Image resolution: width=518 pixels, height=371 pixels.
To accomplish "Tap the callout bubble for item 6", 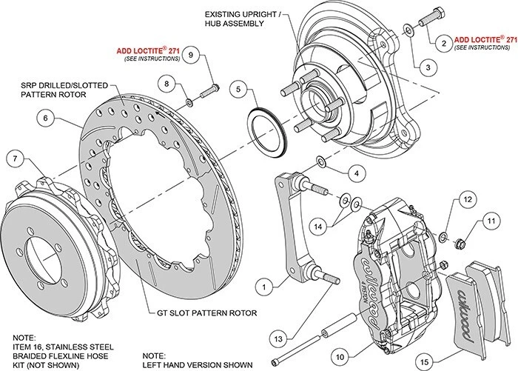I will tap(46, 118).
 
